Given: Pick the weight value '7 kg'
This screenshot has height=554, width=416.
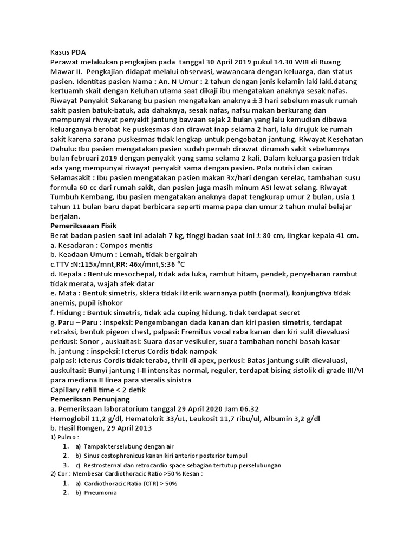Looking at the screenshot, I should pyautogui.click(x=175, y=236).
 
